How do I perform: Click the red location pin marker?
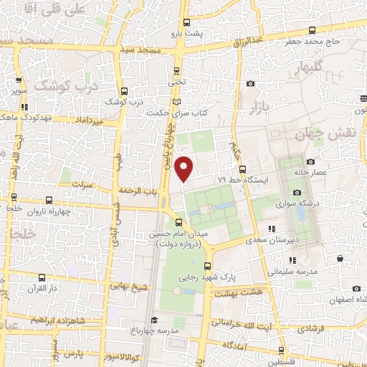[185, 168]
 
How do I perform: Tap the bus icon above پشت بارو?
[187, 22]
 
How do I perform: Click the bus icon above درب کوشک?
[125, 91]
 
